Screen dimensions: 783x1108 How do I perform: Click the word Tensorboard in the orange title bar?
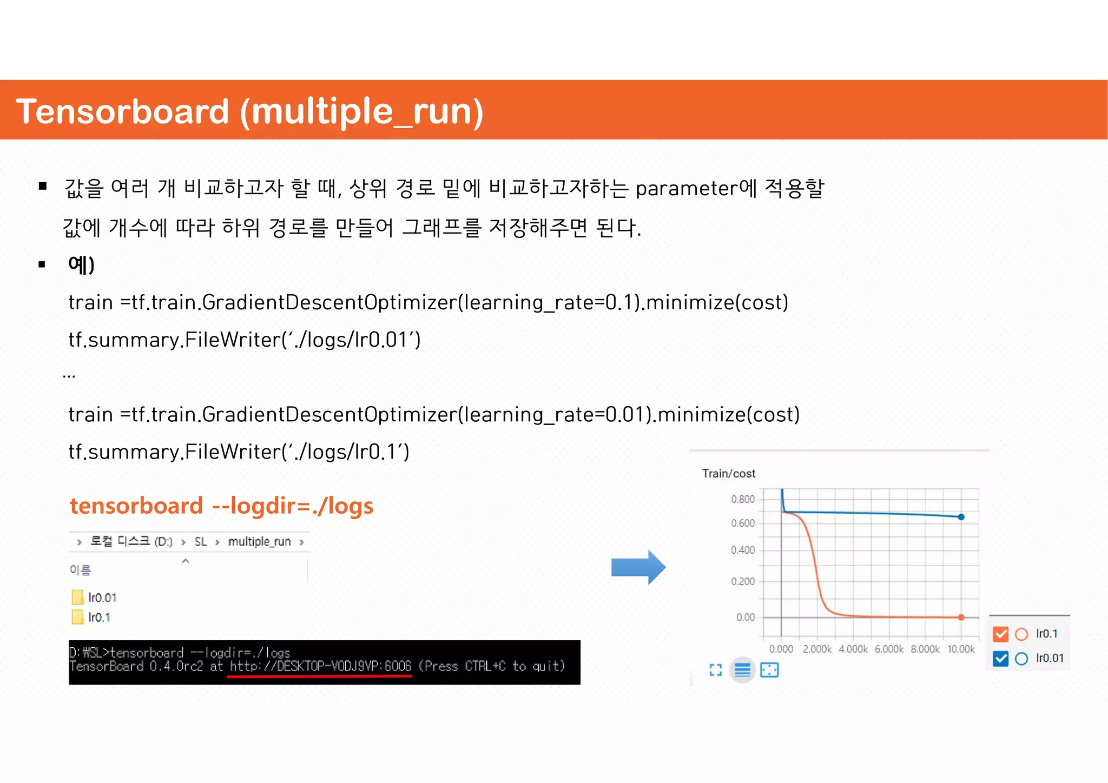tap(122, 111)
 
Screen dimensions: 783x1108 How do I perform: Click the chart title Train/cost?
tap(728, 474)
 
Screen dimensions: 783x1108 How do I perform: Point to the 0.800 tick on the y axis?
tap(742, 499)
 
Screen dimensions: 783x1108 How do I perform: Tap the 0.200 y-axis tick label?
tap(742, 582)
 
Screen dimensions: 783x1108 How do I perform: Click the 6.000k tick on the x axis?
tap(889, 649)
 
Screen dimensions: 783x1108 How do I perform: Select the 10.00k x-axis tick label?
tap(961, 649)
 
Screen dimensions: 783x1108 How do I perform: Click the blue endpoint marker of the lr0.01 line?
tap(961, 517)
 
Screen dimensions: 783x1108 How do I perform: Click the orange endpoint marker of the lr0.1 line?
tap(961, 617)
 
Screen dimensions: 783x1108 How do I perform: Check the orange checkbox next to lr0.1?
tap(1001, 634)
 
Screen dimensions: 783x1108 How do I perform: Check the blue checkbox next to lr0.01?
tap(1001, 659)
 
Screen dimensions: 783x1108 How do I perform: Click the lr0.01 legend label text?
tap(1050, 659)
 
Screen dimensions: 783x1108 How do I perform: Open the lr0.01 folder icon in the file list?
tap(78, 597)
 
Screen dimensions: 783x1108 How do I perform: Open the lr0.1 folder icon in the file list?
tap(78, 617)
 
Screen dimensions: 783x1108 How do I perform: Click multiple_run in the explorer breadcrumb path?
tap(259, 542)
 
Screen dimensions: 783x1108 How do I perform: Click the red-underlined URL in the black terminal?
tap(320, 666)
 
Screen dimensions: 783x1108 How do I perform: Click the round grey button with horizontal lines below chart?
tap(742, 671)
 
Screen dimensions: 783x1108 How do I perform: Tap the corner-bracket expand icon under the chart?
tap(715, 671)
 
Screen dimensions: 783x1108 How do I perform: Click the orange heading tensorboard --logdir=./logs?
tap(221, 506)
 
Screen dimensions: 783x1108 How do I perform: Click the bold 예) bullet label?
tap(81, 265)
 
